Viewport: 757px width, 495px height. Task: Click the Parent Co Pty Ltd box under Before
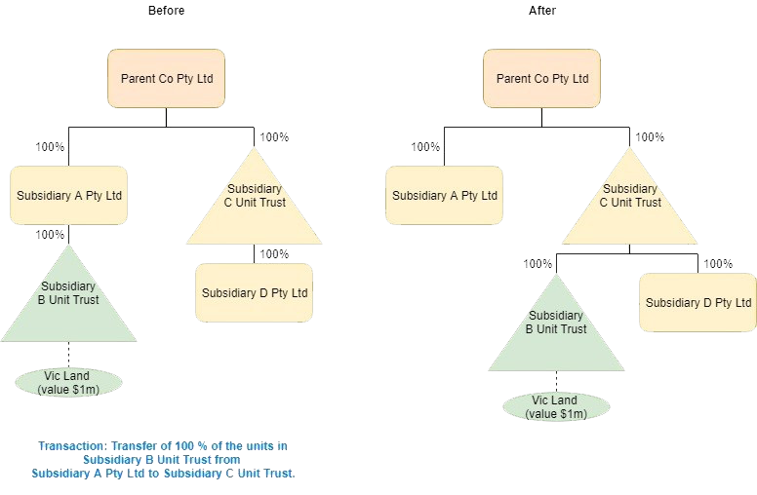point(166,78)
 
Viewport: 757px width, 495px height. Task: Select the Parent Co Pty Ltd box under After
point(541,78)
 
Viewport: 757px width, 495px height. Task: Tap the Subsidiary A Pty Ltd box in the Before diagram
point(69,195)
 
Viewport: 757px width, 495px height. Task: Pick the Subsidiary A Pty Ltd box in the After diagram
point(444,195)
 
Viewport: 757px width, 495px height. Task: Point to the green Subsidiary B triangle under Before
point(68,302)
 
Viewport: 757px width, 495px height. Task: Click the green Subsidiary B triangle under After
point(556,331)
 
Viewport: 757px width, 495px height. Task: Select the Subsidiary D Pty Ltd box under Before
point(255,292)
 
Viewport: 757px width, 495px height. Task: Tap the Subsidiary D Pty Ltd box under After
point(697,302)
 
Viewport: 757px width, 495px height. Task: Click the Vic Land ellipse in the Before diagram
point(68,383)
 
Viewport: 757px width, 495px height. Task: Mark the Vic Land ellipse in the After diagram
point(556,407)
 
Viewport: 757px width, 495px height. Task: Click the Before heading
point(166,11)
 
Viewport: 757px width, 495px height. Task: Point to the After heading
point(541,11)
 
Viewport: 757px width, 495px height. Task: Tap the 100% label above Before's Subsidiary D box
point(274,254)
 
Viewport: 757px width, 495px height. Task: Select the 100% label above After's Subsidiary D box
point(718,264)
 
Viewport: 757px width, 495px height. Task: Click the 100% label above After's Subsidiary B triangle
point(538,264)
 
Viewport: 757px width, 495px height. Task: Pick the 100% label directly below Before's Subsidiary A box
point(51,235)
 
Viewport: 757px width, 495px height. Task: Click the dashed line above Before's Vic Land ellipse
point(68,355)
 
